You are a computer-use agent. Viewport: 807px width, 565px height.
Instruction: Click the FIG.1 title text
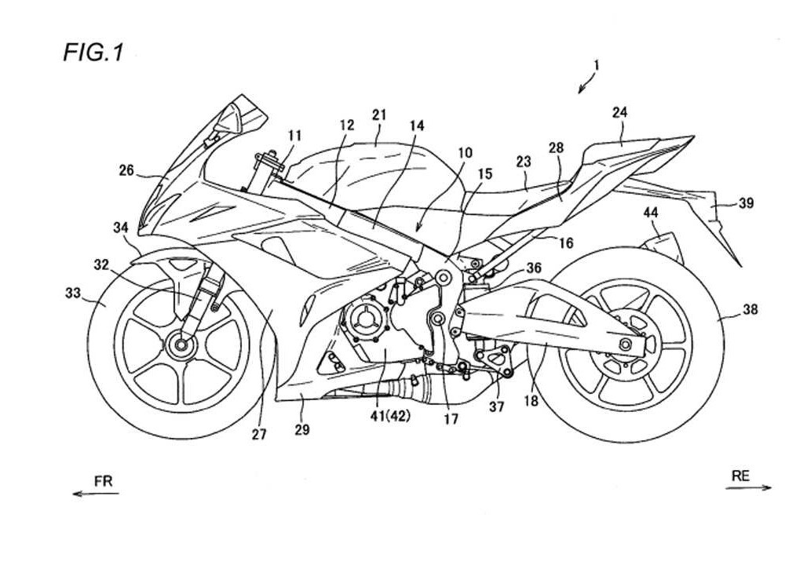tap(93, 53)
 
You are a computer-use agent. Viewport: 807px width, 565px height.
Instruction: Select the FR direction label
tap(104, 481)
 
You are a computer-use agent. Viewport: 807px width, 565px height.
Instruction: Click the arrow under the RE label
tap(749, 488)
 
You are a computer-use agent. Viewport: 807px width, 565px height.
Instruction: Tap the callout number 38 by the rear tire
tap(750, 310)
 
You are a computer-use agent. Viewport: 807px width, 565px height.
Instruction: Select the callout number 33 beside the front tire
tap(73, 293)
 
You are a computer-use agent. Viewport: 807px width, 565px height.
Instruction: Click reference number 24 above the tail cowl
tap(619, 112)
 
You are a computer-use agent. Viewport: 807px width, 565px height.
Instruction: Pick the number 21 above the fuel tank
tap(379, 115)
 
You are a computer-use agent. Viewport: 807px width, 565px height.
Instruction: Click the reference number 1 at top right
tap(596, 66)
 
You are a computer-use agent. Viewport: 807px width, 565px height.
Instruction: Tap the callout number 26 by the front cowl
tap(126, 169)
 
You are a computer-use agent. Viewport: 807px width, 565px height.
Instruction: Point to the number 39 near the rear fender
tap(746, 203)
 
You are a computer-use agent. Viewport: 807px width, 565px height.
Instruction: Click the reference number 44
tap(650, 212)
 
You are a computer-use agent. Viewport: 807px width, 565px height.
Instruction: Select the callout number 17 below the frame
tap(451, 419)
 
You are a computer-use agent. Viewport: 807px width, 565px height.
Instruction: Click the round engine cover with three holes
tap(363, 319)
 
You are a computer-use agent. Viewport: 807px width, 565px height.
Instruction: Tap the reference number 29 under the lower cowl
tap(302, 429)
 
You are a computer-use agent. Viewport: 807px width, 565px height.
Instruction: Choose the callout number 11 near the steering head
tap(294, 135)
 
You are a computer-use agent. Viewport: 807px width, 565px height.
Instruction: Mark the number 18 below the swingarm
tap(531, 401)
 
